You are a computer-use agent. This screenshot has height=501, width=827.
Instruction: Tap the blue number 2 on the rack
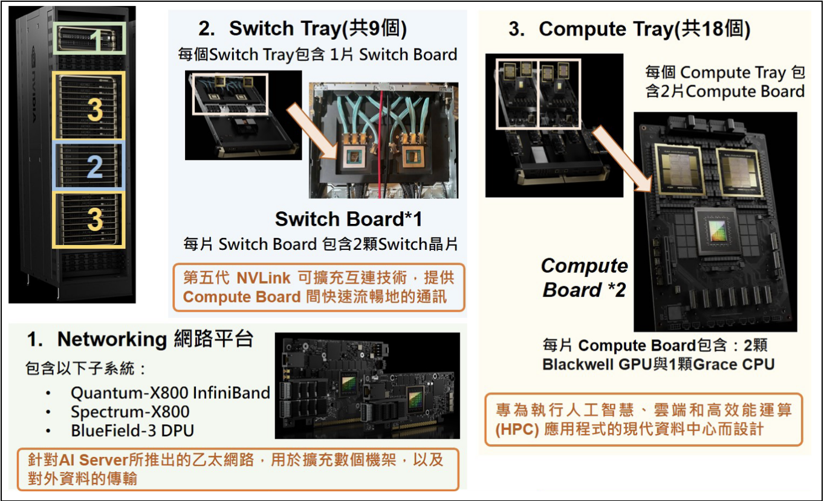[x=94, y=167]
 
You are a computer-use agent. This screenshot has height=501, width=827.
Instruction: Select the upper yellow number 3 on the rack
[x=95, y=109]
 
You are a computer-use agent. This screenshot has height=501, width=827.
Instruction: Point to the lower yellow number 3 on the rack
[x=95, y=219]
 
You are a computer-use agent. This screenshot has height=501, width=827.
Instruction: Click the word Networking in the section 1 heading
[x=112, y=339]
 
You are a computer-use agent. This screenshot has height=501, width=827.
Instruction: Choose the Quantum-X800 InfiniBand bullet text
[x=170, y=393]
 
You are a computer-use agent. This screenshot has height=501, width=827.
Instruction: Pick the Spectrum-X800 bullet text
[x=130, y=412]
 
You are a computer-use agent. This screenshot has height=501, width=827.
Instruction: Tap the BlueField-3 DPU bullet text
[x=132, y=430]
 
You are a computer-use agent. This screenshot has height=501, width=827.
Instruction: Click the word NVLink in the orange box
[x=263, y=278]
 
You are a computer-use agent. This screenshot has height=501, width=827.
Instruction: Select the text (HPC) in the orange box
[x=517, y=430]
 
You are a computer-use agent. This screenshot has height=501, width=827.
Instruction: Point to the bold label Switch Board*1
[x=348, y=219]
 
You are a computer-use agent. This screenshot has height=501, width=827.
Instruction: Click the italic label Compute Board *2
[x=585, y=277]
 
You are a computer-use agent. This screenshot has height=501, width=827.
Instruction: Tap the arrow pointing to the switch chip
[x=313, y=132]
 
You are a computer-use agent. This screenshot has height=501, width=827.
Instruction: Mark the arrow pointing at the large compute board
[x=622, y=159]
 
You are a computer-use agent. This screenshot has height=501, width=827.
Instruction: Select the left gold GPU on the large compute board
[x=679, y=169]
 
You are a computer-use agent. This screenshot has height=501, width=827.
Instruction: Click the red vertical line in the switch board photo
[x=381, y=144]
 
